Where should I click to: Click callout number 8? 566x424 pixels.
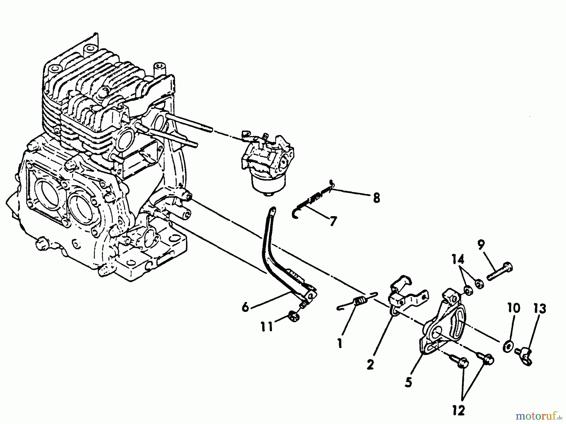click(x=376, y=198)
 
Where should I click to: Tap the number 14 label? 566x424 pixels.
click(x=458, y=260)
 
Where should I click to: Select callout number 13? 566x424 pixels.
click(x=540, y=309)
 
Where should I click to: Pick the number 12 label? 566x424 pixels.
click(x=459, y=410)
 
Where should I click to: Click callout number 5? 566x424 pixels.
click(x=408, y=382)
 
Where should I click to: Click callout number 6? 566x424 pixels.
click(x=246, y=307)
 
